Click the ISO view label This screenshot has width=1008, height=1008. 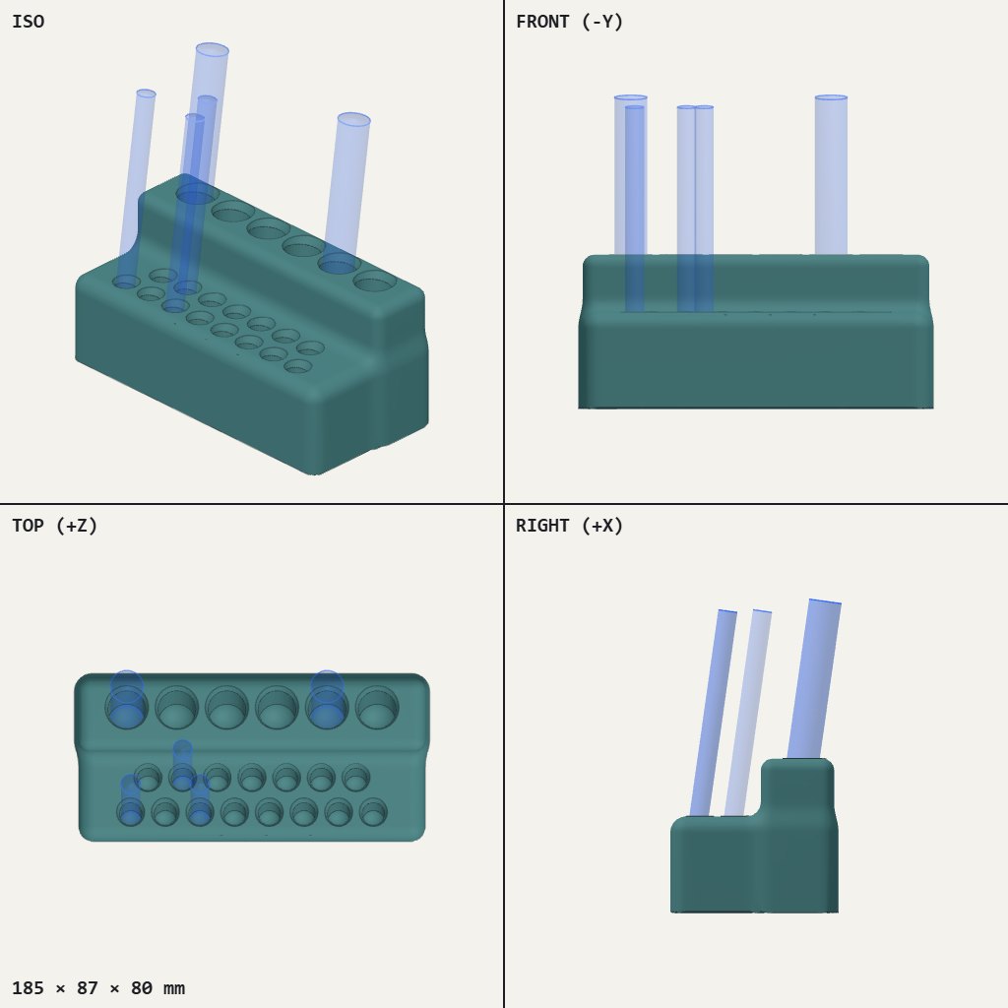tap(29, 22)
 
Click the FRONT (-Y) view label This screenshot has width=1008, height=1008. tap(569, 22)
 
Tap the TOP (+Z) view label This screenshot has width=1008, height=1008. tap(55, 526)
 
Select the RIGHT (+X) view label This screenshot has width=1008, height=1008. tap(569, 526)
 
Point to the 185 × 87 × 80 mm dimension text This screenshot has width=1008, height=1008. tap(98, 988)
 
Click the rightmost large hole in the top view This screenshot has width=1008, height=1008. tap(377, 707)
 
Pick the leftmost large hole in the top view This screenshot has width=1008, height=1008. tap(127, 707)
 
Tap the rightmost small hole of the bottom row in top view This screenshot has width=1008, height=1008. tap(373, 812)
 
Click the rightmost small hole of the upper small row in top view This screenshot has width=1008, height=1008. tap(355, 778)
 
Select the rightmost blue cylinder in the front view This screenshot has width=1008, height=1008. tap(831, 175)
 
